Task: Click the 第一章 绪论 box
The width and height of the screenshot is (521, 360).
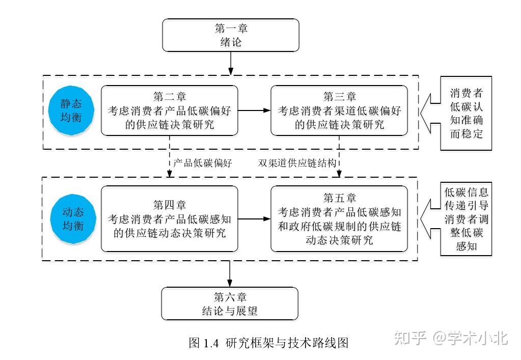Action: click(230, 35)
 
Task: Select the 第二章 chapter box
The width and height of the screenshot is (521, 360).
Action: click(169, 110)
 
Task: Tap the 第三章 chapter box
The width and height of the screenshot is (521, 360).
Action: click(339, 110)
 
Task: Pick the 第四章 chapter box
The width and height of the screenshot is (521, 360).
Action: click(169, 219)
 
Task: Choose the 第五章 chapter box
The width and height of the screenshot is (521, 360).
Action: click(339, 219)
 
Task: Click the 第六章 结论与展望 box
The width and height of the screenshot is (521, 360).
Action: click(230, 303)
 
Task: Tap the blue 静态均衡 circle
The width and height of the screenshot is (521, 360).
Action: click(71, 110)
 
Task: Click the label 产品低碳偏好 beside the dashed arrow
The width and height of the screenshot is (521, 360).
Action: click(202, 163)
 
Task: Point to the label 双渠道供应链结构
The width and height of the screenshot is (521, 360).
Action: click(297, 163)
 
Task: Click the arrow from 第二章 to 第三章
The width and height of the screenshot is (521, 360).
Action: click(254, 110)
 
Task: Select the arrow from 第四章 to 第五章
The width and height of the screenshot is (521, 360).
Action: click(254, 219)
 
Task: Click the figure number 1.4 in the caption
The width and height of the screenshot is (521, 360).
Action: click(211, 343)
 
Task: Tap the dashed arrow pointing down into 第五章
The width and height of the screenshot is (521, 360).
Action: click(339, 168)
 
